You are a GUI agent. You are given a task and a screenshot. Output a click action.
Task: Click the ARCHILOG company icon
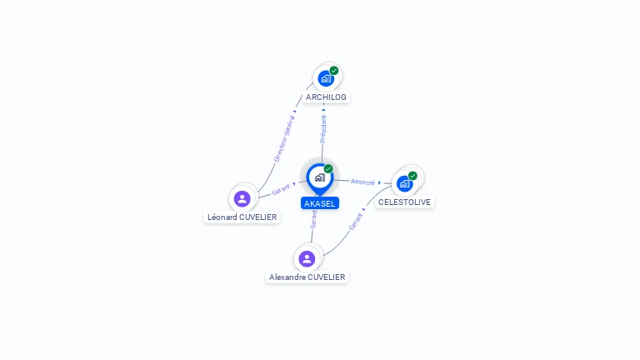325,78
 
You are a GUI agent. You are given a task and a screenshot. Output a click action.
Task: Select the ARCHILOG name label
326,97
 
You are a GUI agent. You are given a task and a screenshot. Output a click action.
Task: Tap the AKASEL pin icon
319,177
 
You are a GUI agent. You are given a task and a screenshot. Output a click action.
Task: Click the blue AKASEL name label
320,203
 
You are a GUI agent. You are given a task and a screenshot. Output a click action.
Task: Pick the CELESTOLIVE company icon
405,182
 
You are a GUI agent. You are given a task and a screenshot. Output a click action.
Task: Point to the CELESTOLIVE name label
405,202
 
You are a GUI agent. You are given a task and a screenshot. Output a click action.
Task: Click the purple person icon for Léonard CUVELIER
242,198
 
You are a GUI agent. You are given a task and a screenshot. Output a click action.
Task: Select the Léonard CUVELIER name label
242,217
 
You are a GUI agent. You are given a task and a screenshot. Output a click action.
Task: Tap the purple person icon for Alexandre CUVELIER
307,258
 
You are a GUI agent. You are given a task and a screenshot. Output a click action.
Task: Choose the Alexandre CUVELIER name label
307,277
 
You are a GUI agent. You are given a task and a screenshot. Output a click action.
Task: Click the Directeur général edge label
284,138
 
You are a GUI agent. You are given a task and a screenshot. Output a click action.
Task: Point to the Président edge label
323,129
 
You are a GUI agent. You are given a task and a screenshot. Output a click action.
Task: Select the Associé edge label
362,182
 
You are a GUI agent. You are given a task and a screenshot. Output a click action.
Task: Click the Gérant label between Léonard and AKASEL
281,189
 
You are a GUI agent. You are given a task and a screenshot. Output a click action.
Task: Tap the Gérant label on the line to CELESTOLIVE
356,222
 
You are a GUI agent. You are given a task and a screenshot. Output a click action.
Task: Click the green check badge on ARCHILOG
334,71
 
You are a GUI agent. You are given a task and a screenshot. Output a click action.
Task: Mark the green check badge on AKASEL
328,169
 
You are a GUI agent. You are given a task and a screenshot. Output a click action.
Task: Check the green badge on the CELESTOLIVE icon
412,176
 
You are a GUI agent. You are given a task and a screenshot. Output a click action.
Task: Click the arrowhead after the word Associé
379,182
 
